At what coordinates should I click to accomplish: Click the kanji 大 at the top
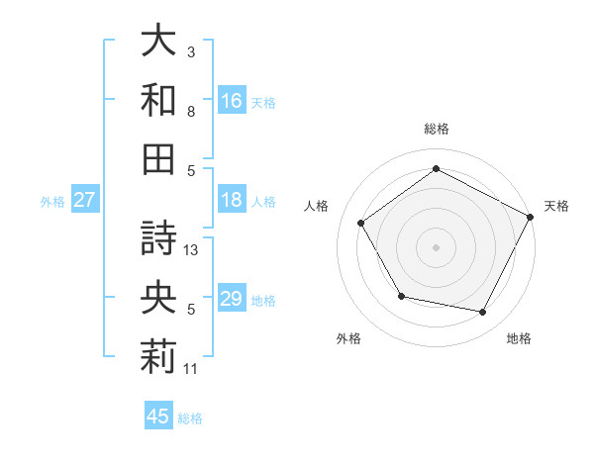pyautogui.click(x=158, y=42)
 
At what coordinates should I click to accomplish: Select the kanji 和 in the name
pyautogui.click(x=158, y=101)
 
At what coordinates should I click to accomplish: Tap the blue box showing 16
pyautogui.click(x=231, y=101)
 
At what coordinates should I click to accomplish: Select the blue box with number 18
pyautogui.click(x=231, y=200)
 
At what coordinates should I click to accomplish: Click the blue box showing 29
pyautogui.click(x=231, y=299)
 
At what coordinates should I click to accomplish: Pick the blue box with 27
pyautogui.click(x=84, y=200)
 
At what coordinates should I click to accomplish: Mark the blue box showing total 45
pyautogui.click(x=158, y=417)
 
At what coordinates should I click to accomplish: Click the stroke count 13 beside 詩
pyautogui.click(x=192, y=250)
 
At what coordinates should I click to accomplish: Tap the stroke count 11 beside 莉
pyautogui.click(x=192, y=369)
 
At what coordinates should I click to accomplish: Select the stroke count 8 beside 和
pyautogui.click(x=192, y=112)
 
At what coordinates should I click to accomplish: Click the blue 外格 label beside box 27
pyautogui.click(x=52, y=201)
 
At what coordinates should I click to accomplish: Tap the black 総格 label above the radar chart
pyautogui.click(x=437, y=129)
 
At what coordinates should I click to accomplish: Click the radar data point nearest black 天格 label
pyautogui.click(x=530, y=217)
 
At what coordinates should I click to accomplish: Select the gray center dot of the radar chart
pyautogui.click(x=436, y=246)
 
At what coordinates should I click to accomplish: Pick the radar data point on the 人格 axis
pyautogui.click(x=360, y=223)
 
